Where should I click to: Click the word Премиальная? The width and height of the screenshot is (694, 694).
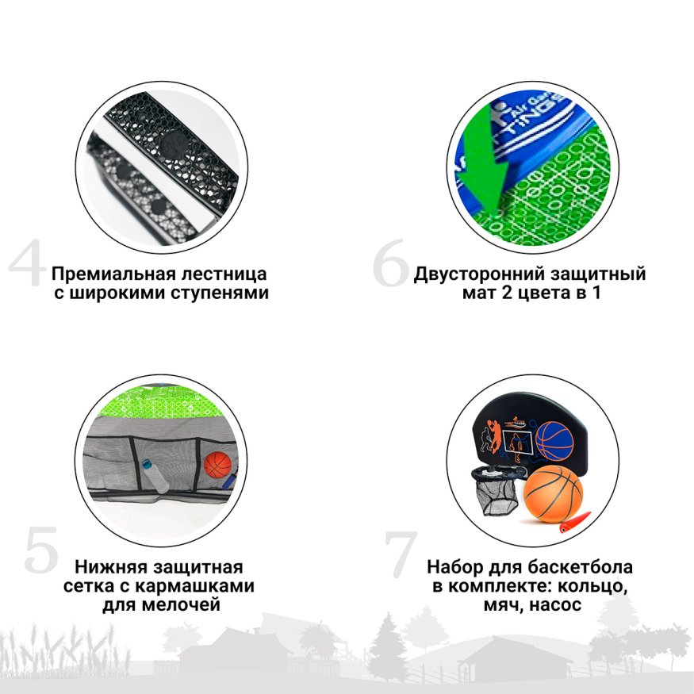108,274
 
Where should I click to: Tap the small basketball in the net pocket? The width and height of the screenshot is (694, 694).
217,466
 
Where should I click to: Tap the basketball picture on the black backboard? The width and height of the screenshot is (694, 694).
554,439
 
